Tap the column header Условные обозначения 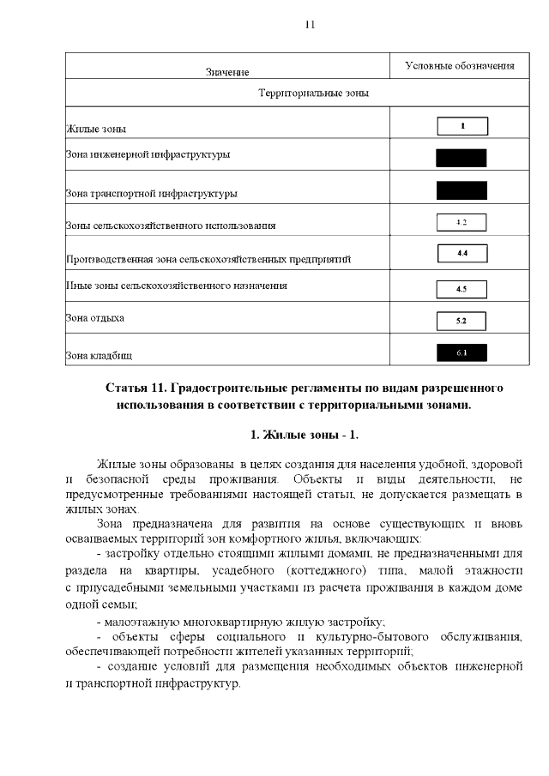[x=460, y=65]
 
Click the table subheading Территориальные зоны [x=313, y=92]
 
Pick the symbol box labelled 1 [x=462, y=126]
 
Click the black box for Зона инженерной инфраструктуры [x=461, y=158]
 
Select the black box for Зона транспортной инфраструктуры [x=461, y=189]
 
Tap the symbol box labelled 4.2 [x=462, y=222]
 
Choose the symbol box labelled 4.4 [x=462, y=253]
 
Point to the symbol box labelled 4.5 [x=462, y=289]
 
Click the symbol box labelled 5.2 [x=462, y=321]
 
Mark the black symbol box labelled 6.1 [x=462, y=352]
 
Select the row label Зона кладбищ [x=100, y=354]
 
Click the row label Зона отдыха [x=95, y=318]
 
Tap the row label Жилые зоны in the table [x=96, y=129]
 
